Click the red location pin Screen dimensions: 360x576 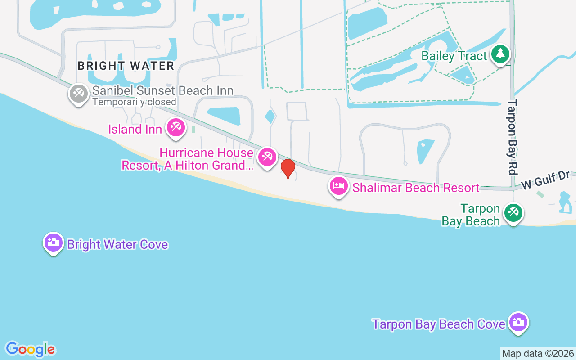(x=288, y=169)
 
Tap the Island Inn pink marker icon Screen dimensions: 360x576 (x=175, y=128)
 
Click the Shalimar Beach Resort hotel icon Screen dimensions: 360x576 (x=338, y=186)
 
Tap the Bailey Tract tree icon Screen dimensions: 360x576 (x=500, y=54)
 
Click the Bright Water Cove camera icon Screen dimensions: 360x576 (x=54, y=243)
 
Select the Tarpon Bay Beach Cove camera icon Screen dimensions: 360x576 (x=519, y=322)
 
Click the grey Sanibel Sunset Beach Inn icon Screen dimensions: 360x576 (x=79, y=94)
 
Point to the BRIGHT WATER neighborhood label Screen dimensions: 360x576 (x=126, y=66)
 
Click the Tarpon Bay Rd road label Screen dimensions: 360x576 (x=512, y=137)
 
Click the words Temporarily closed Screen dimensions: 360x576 (x=134, y=102)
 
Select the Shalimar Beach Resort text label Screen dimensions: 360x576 (x=416, y=188)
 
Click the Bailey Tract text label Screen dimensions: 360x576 (x=454, y=56)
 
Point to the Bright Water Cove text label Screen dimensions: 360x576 (x=117, y=244)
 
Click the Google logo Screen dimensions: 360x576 (x=30, y=349)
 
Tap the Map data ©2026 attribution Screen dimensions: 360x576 (x=538, y=354)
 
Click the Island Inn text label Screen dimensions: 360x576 (x=135, y=130)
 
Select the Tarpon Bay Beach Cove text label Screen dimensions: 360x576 (x=439, y=324)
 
